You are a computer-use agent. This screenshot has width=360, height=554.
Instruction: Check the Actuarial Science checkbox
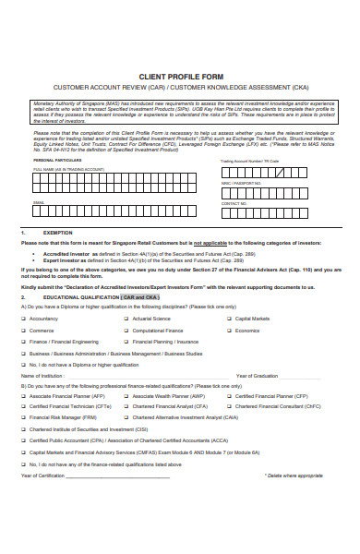pyautogui.click(x=125, y=319)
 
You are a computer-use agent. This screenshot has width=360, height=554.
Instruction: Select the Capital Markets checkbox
pyautogui.click(x=228, y=319)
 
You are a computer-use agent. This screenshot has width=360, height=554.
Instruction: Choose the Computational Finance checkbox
pyautogui.click(x=125, y=331)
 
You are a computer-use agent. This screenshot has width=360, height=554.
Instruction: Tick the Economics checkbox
pyautogui.click(x=228, y=331)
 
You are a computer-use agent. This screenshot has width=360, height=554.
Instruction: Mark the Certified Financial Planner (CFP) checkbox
pyautogui.click(x=228, y=395)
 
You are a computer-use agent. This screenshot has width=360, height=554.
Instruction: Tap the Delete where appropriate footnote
pyautogui.click(x=294, y=476)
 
